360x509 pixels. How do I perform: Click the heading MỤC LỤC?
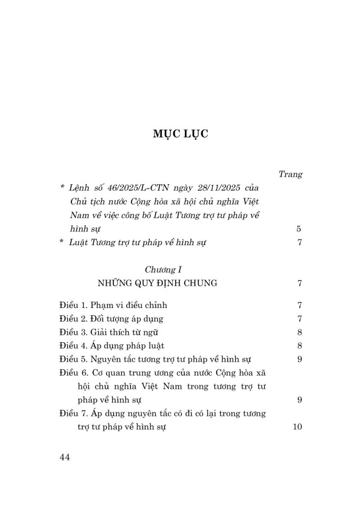(x=180, y=134)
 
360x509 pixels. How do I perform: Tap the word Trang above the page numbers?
(x=290, y=174)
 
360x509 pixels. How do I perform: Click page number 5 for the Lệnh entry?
(x=299, y=228)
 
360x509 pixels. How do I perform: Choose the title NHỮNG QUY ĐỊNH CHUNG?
(x=157, y=283)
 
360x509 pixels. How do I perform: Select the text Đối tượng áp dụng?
(x=126, y=319)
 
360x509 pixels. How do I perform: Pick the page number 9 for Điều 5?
(x=299, y=359)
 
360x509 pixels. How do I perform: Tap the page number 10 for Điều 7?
(x=297, y=426)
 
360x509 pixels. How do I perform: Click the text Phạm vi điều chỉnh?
(x=129, y=305)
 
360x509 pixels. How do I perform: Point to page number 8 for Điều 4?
(x=299, y=345)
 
